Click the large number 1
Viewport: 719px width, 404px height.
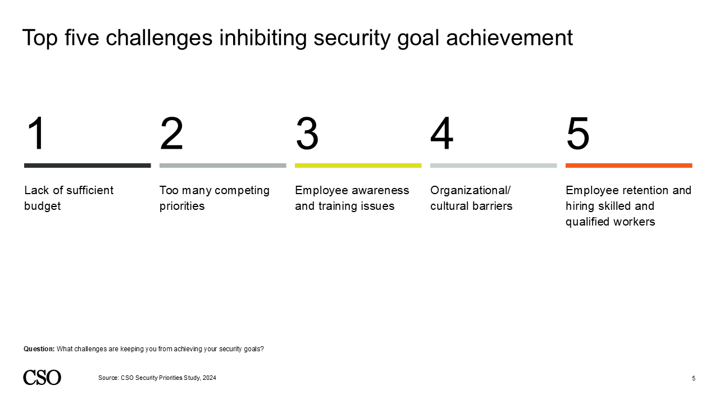tap(36, 134)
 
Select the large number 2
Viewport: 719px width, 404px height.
tap(172, 134)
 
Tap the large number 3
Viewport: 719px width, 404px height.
tap(307, 134)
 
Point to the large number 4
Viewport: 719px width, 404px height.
tap(442, 134)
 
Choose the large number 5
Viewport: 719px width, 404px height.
tap(578, 134)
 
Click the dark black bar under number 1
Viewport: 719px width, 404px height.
tap(87, 166)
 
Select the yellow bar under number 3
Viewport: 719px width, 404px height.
tap(358, 166)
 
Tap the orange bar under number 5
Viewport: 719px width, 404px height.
tap(629, 166)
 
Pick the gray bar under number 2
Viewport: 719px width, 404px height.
tap(222, 166)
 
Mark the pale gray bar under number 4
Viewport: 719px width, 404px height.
tap(493, 166)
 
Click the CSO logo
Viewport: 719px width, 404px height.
tap(42, 378)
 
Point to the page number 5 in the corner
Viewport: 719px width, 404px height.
tap(693, 378)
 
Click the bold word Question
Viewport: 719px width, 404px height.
tap(39, 349)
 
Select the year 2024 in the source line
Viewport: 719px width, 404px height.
tap(209, 378)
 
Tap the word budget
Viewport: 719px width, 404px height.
tap(42, 206)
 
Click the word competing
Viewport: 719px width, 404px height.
tap(242, 190)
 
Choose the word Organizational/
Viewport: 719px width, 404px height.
tap(470, 190)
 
